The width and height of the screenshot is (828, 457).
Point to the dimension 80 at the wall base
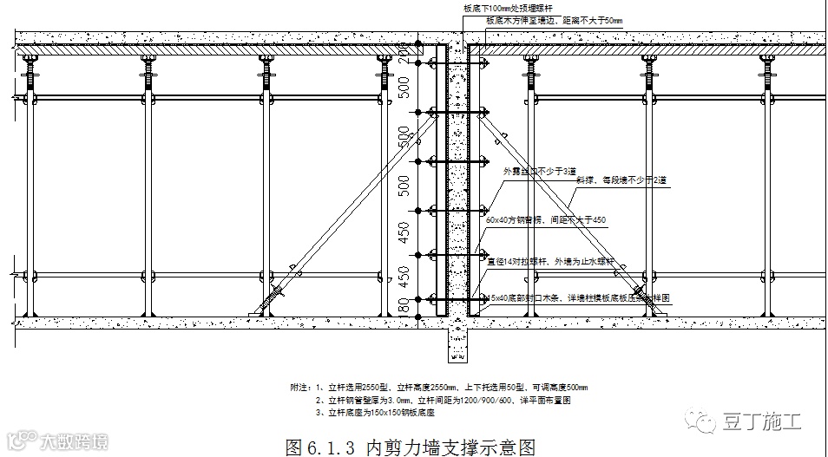[x=403, y=305]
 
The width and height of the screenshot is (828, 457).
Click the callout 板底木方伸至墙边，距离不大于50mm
[x=554, y=19]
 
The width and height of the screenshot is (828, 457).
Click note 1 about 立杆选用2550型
[x=438, y=387]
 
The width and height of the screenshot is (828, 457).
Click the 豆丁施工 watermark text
[x=762, y=421]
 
